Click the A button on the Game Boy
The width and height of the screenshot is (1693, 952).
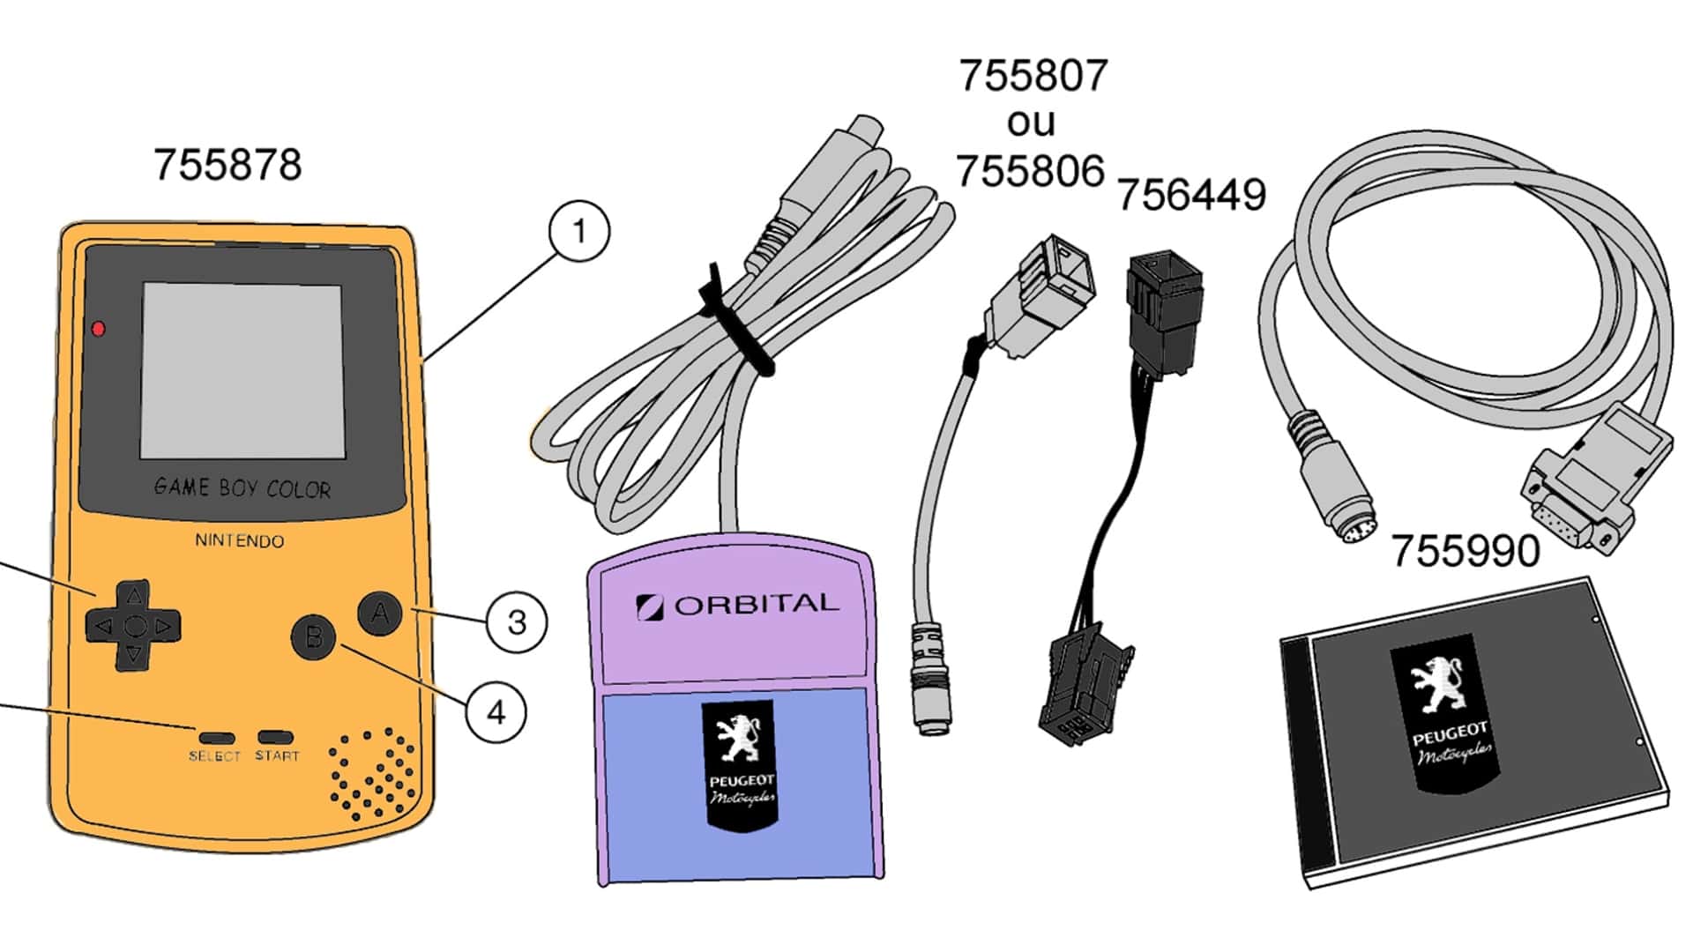[x=379, y=612]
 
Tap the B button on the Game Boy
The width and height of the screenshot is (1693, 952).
[x=314, y=636]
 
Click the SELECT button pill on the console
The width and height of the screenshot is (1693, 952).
[x=216, y=737]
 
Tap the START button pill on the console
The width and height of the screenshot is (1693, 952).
[x=275, y=736]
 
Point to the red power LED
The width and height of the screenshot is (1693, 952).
[x=99, y=329]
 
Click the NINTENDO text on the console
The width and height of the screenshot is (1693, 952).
[x=240, y=540]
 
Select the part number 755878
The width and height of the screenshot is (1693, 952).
[x=227, y=165]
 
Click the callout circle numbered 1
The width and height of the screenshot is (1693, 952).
[x=578, y=231]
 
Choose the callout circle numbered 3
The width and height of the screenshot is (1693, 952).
[x=517, y=622]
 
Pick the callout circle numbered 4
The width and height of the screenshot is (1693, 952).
[x=496, y=711]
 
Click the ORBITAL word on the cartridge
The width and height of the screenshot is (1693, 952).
[x=757, y=605]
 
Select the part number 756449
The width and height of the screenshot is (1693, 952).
[x=1191, y=195]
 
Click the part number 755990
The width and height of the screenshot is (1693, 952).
[x=1466, y=551]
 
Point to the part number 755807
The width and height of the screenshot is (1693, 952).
[x=1033, y=76]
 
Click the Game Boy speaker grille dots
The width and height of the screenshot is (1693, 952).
[x=372, y=772]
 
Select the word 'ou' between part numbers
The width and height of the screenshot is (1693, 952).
[x=1031, y=123]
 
